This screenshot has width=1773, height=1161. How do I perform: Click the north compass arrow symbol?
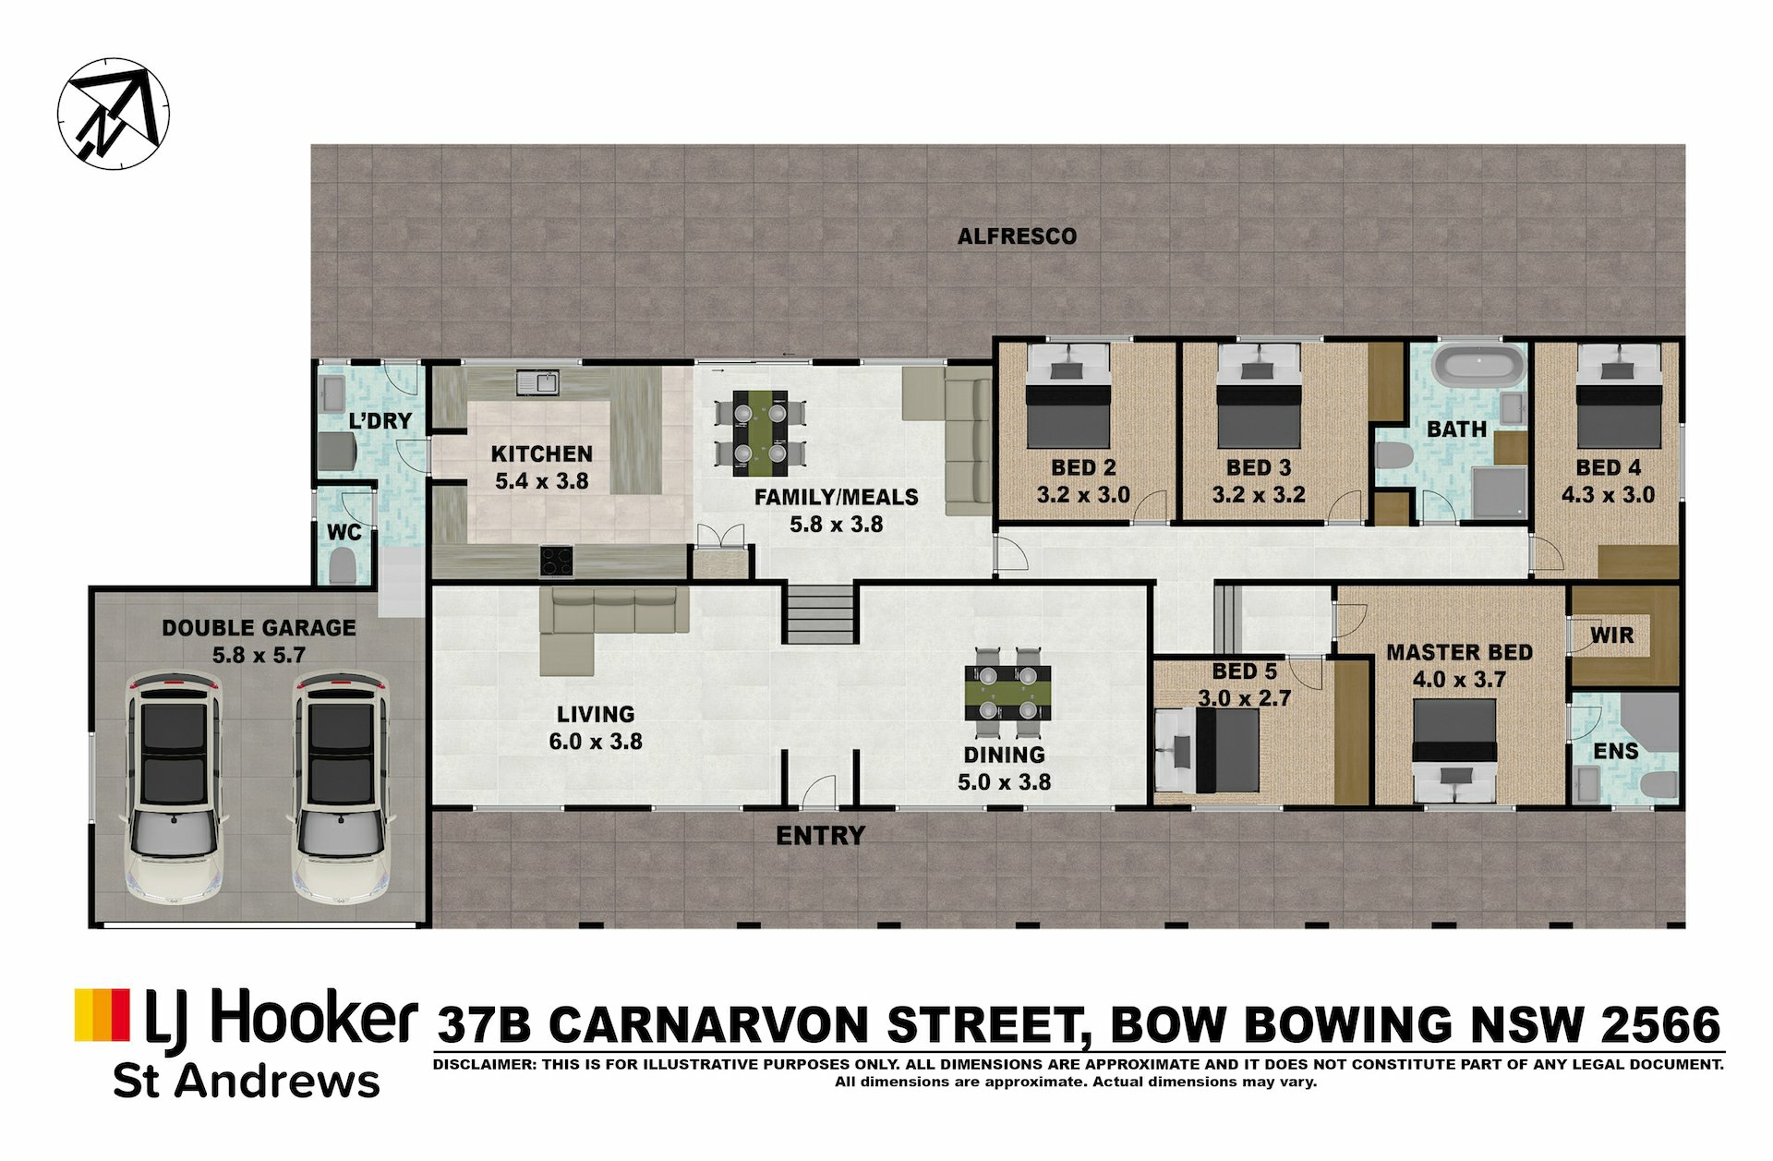point(114,114)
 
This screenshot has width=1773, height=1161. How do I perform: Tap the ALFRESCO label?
point(1017,236)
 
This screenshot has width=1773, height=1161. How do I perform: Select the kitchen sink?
point(537,381)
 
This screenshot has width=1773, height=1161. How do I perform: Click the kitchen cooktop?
point(557,562)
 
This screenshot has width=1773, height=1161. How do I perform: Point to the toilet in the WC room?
point(343,565)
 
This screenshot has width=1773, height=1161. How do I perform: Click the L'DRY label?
point(380,421)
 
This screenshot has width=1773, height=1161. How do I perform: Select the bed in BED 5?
point(1208,750)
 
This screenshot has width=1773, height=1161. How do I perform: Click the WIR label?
point(1612,635)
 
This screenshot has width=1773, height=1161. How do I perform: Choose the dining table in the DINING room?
point(1007,693)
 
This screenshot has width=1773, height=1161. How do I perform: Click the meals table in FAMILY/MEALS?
point(760,433)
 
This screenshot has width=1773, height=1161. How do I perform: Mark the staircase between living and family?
point(819,613)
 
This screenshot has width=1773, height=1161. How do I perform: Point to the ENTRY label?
point(820,836)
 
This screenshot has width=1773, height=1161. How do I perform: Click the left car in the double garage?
point(175,790)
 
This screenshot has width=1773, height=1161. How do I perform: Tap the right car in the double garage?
point(340,790)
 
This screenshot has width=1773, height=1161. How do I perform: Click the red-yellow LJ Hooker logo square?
point(103,1015)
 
